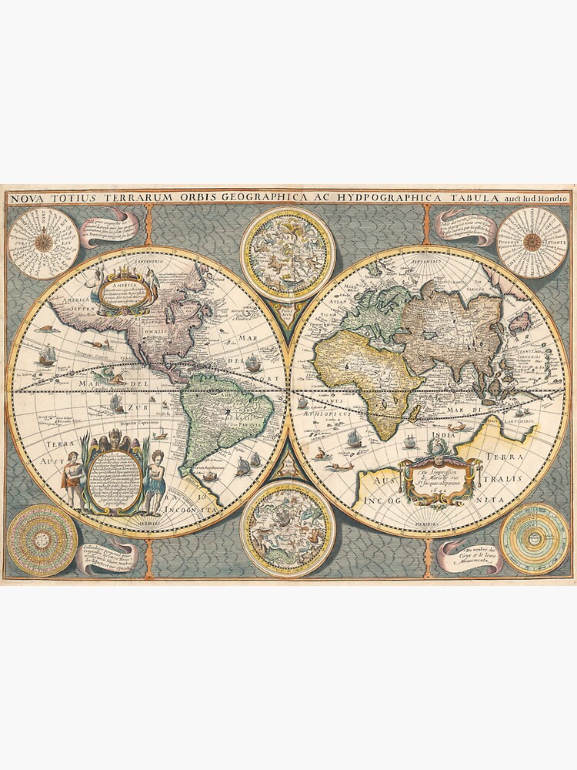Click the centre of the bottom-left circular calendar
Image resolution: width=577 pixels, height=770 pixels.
42,539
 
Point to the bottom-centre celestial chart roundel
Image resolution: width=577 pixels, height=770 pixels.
287,527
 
